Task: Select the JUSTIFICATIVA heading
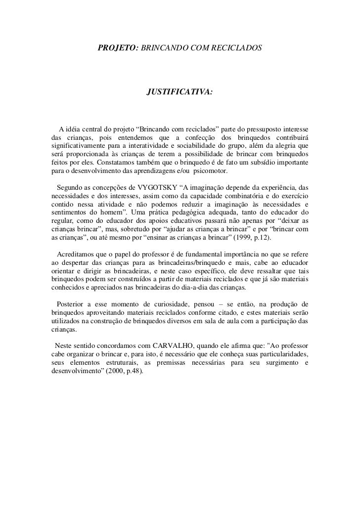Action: click(180, 92)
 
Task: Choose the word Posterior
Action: click(73, 305)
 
